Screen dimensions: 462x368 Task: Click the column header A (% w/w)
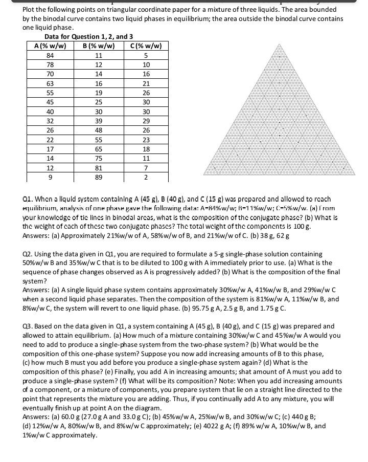(50, 46)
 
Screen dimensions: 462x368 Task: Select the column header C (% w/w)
(146, 46)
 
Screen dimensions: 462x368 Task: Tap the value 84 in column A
(50, 55)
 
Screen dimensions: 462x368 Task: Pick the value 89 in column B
(99, 178)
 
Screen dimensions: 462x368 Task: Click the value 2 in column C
(146, 178)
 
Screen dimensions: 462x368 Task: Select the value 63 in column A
(50, 83)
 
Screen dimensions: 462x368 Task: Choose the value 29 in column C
(146, 121)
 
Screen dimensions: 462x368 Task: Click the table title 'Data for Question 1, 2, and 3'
(88, 37)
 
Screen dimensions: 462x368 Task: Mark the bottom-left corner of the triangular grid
(203, 175)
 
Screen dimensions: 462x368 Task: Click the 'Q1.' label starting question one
(29, 199)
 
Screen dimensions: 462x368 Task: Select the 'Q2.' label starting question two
(29, 254)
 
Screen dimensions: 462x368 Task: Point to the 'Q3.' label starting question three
(29, 326)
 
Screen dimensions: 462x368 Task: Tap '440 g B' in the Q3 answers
(323, 417)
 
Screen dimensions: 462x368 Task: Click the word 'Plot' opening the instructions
(30, 10)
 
